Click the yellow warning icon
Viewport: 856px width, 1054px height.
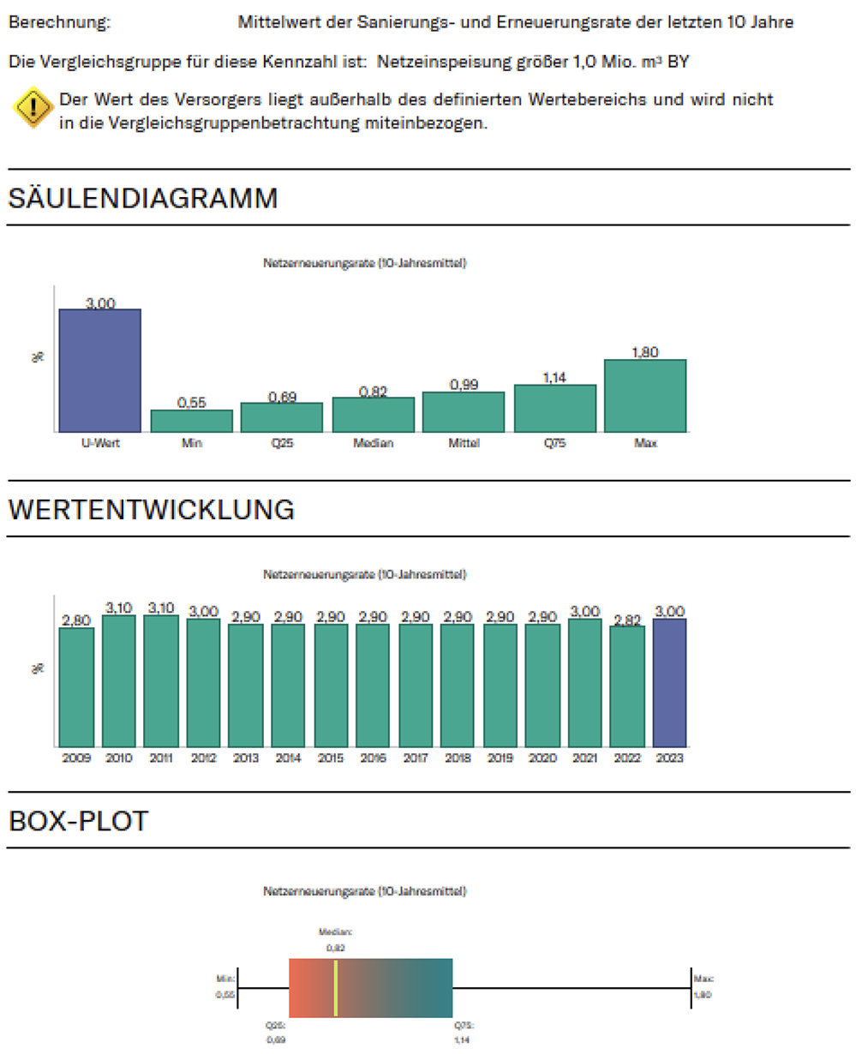pos(33,108)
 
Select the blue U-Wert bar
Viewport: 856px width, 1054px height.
pos(99,370)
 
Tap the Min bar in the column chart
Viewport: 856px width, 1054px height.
pos(191,421)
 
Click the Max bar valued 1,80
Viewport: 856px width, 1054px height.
pos(645,396)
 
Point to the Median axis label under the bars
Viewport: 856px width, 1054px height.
pos(374,444)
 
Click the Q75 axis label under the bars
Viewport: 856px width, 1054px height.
pos(554,444)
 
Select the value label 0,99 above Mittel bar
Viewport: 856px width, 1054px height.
pos(464,385)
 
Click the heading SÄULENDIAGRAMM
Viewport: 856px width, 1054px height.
pos(143,198)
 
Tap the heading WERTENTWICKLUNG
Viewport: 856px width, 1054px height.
pos(152,509)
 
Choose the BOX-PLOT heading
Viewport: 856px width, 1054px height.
pos(79,820)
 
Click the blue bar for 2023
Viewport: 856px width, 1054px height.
pos(669,682)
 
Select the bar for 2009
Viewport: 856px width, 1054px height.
pos(76,686)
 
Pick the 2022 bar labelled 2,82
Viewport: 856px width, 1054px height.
pos(627,686)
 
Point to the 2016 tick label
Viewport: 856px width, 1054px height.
pos(373,758)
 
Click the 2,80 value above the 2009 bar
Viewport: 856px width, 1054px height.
pos(76,620)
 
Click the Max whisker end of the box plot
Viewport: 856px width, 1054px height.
pos(691,988)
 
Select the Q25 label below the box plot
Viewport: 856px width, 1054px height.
pos(276,1025)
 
